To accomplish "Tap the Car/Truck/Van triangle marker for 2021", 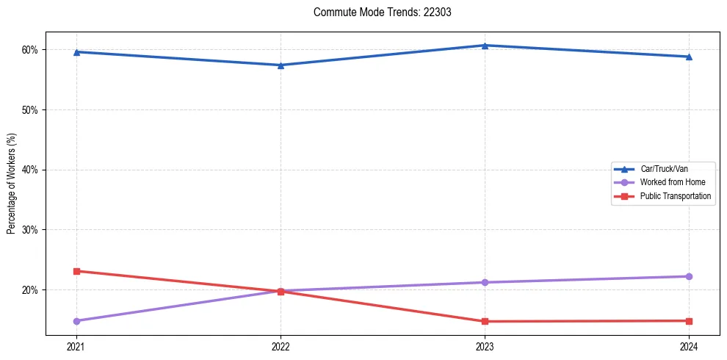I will point(76,52).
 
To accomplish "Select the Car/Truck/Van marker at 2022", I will point(281,65).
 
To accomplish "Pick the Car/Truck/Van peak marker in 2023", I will point(485,46).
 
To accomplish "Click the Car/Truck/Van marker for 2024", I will point(689,57).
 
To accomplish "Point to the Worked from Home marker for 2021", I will point(76,321).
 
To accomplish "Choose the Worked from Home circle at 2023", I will point(485,282).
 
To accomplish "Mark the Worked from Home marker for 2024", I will point(689,276).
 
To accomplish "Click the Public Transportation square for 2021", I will point(76,271).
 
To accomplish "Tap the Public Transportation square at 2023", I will point(485,321).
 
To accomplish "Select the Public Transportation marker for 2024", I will point(689,321).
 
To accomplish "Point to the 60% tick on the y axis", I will point(30,50).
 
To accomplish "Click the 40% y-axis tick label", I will point(30,170).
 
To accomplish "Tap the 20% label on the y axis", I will point(30,290).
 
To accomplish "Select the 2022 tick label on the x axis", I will point(281,347).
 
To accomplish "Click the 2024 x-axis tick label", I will point(689,347).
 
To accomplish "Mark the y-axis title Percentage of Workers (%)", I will point(11,184).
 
